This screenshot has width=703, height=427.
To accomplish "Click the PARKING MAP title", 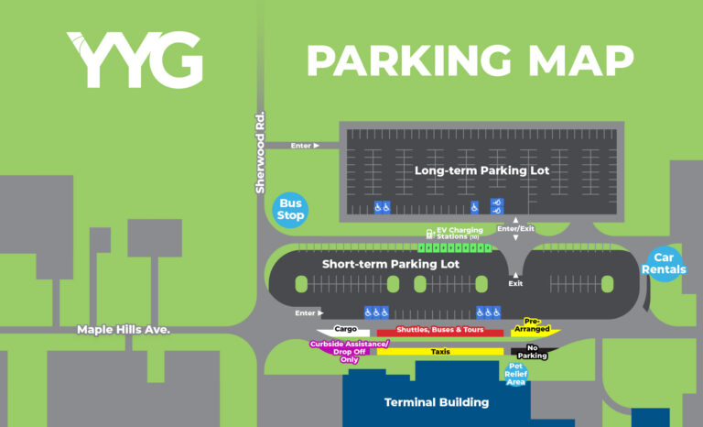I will pyautogui.click(x=470, y=60).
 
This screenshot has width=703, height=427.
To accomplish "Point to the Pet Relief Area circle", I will pyautogui.click(x=516, y=374).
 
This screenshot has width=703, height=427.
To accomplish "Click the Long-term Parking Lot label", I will pyautogui.click(x=481, y=170).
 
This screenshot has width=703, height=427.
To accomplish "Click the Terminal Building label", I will pyautogui.click(x=437, y=401).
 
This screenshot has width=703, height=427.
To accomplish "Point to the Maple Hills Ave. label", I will pyautogui.click(x=124, y=329).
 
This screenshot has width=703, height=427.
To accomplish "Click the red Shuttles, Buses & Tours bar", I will pyautogui.click(x=440, y=331).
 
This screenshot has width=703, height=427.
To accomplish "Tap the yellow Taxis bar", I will pyautogui.click(x=440, y=351).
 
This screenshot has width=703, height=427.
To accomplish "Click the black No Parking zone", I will pyautogui.click(x=537, y=351).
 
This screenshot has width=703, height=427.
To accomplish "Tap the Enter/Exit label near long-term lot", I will pyautogui.click(x=516, y=226).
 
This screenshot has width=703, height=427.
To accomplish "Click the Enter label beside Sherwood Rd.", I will pyautogui.click(x=305, y=145).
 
